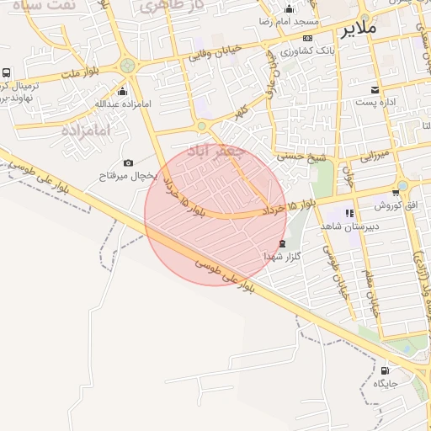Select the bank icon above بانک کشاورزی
(307, 39)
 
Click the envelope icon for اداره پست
(375, 89)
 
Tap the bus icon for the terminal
(7, 73)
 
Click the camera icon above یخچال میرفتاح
(128, 162)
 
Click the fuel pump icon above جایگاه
(386, 370)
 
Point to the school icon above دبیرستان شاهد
(350, 213)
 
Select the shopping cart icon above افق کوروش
(395, 193)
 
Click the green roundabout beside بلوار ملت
(128, 65)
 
